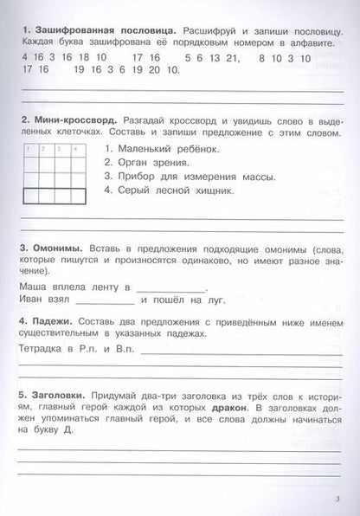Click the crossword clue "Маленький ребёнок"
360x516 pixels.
click(x=161, y=152)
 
